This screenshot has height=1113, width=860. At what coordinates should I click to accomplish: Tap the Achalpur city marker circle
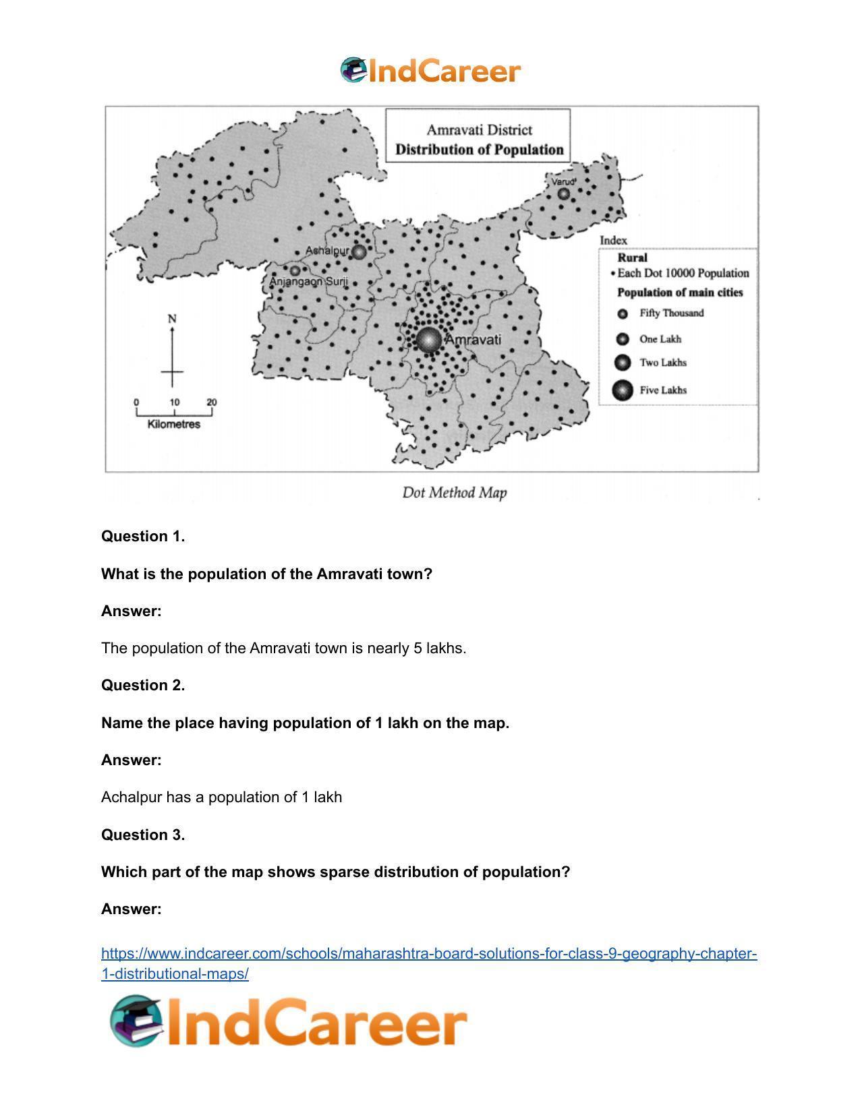point(359,251)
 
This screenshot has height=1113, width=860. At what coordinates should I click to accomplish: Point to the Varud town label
point(563,182)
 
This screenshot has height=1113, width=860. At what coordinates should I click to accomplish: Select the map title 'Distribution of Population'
point(479,150)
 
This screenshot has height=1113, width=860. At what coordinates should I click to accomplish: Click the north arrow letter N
point(172,318)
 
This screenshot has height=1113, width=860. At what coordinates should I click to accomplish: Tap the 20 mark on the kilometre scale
point(212,402)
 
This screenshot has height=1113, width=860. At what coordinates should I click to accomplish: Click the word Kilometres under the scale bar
point(173,424)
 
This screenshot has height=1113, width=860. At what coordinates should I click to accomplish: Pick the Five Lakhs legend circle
point(623,390)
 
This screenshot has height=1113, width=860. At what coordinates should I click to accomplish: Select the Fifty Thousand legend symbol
point(623,313)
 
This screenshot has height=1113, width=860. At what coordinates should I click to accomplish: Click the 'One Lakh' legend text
point(660,339)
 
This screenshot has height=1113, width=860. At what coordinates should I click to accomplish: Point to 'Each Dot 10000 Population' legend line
point(682,273)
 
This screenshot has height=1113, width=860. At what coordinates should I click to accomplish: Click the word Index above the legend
point(613,240)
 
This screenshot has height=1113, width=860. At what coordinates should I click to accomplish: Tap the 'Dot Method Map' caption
point(454,493)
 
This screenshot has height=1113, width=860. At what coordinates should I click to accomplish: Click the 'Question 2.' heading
point(143,685)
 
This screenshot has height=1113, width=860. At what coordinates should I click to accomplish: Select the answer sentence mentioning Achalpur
point(221,797)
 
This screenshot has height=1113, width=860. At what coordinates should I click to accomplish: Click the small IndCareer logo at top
point(430,71)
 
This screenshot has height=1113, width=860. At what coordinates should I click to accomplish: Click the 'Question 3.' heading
point(143,835)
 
